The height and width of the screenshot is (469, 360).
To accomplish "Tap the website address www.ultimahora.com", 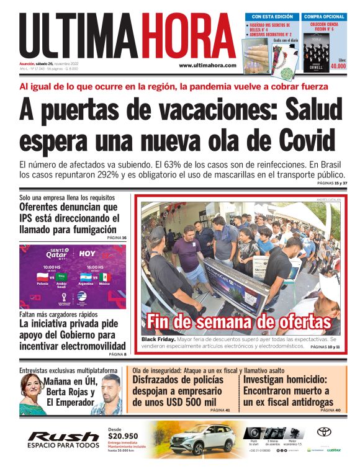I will click(x=207, y=65).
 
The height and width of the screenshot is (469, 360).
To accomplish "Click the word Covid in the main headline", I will click(x=300, y=138).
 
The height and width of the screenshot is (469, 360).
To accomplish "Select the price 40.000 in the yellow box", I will click(x=338, y=65).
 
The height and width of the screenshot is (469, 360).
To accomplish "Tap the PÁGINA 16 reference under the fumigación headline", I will click(x=117, y=238).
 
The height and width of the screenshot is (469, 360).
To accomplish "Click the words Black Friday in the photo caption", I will click(x=158, y=340).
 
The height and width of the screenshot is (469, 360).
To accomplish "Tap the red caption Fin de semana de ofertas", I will click(x=239, y=322).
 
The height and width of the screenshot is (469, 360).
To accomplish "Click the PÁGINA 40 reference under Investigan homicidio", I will click(x=330, y=410).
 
